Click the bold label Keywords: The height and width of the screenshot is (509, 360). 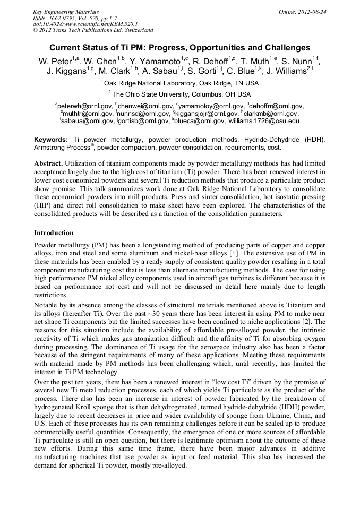point(51,139)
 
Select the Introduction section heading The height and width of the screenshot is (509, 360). point(54,233)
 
